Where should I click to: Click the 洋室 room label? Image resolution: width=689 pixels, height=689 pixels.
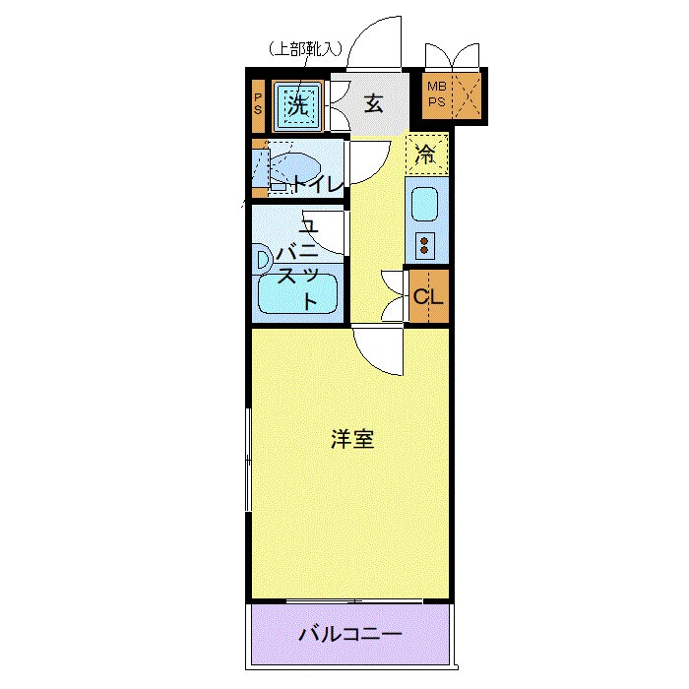click(x=351, y=440)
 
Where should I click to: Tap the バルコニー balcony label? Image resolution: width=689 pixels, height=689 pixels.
click(x=350, y=634)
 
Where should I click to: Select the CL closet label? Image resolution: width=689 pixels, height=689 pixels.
click(x=428, y=297)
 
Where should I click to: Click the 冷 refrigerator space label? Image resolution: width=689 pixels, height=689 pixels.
click(x=426, y=154)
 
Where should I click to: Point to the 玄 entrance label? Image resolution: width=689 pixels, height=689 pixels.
click(x=373, y=101)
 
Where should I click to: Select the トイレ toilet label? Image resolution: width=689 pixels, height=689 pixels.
click(x=315, y=184)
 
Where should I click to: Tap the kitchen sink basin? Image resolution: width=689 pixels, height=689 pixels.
click(x=425, y=204)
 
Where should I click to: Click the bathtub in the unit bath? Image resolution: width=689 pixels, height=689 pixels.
click(x=297, y=293)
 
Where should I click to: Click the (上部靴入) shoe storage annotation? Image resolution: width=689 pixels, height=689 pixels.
click(x=305, y=46)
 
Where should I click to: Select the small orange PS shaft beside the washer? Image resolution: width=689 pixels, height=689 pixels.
click(x=258, y=102)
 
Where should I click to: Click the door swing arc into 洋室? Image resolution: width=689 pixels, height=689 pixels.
click(x=378, y=352)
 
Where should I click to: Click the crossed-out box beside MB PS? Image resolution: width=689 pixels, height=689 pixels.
click(x=465, y=96)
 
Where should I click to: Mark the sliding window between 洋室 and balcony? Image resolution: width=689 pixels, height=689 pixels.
click(x=349, y=600)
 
